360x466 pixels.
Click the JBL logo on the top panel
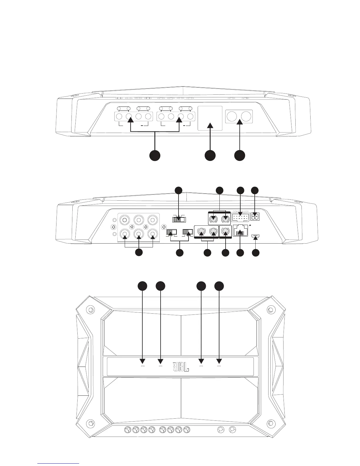[181, 367]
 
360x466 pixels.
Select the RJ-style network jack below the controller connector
[240, 231]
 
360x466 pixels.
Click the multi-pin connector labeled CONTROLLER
[240, 217]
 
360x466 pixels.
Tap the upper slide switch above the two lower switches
[178, 219]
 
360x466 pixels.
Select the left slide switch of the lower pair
[171, 232]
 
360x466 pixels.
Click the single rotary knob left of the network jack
[225, 232]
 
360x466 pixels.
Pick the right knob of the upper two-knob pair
[226, 219]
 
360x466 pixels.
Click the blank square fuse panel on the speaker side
[210, 118]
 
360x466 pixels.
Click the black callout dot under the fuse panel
[210, 155]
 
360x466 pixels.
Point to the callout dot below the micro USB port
[256, 252]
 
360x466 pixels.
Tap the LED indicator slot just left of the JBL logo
[161, 366]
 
